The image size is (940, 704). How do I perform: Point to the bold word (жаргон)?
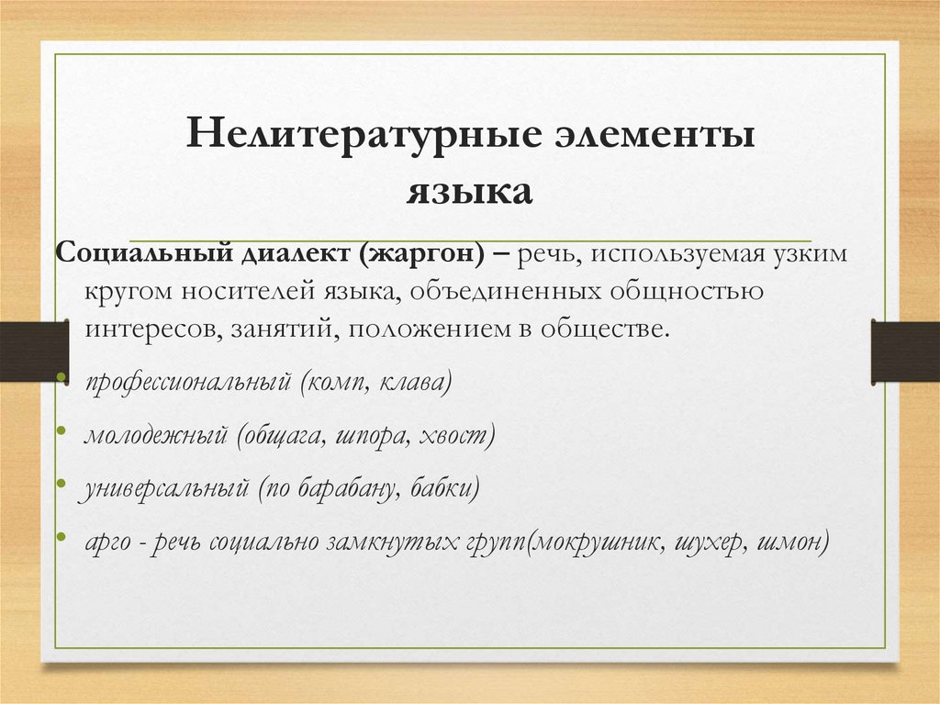click(x=424, y=253)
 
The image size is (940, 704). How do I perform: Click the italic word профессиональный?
click(x=188, y=383)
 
